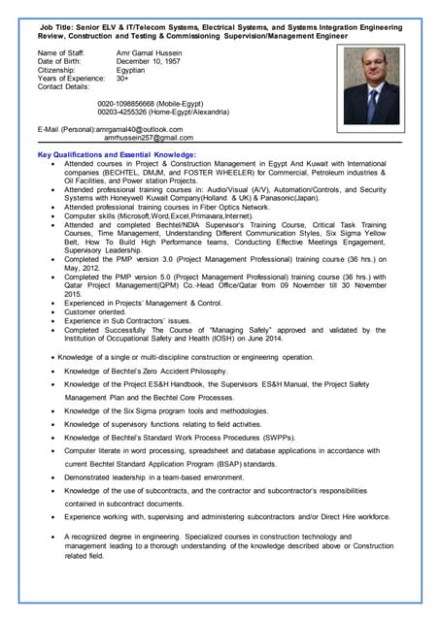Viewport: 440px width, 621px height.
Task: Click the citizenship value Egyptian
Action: click(132, 71)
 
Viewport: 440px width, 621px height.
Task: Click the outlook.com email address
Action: click(140, 128)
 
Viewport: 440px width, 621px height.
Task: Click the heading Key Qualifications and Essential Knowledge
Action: click(117, 155)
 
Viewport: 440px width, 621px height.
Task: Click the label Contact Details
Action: click(64, 88)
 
